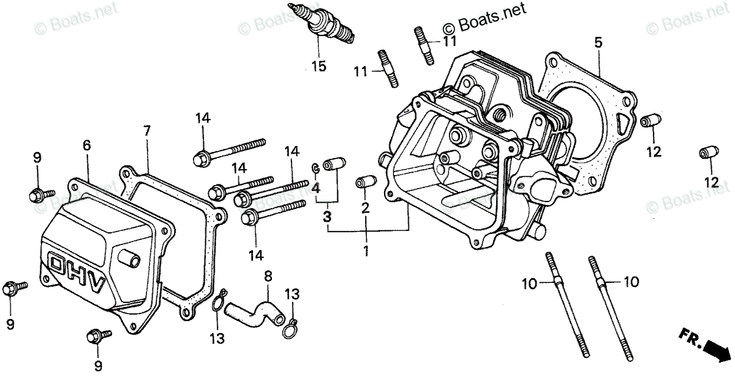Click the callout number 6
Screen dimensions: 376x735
[86, 145]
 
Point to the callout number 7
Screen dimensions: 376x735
[146, 130]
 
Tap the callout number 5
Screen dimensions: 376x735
[598, 42]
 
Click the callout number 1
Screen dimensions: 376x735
[366, 251]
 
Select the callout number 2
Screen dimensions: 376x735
[366, 208]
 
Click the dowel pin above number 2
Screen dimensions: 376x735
[364, 182]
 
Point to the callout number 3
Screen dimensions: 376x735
[328, 216]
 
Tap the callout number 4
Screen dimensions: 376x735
[316, 189]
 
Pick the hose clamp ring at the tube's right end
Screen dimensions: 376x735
[290, 330]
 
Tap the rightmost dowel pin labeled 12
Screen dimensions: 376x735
[709, 152]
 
